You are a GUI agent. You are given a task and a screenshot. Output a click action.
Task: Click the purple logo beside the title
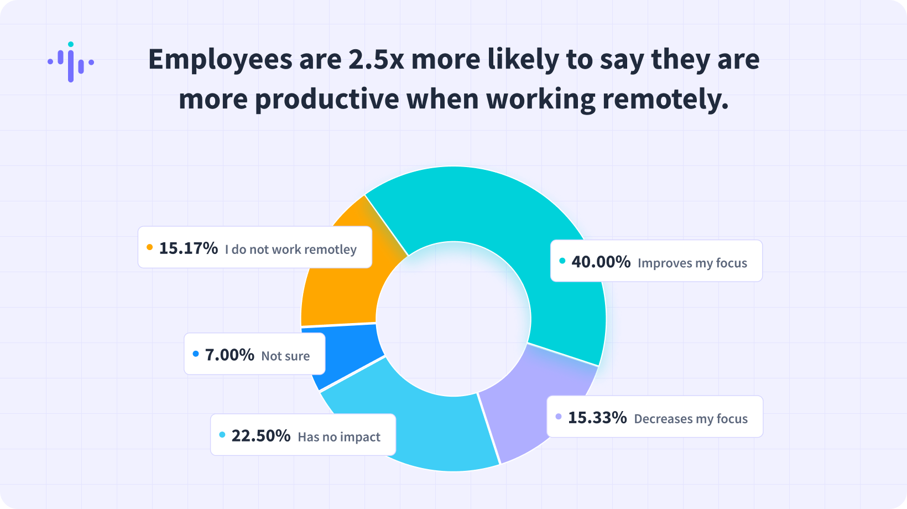pyautogui.click(x=71, y=62)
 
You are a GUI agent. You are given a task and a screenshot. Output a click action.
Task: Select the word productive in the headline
pyautogui.click(x=327, y=100)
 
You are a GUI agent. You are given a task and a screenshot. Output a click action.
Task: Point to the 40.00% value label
pyautogui.click(x=601, y=262)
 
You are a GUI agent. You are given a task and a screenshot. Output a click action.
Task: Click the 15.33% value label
pyautogui.click(x=597, y=418)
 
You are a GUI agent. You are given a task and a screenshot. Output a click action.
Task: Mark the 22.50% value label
pyautogui.click(x=260, y=436)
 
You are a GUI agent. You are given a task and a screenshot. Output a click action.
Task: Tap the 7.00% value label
pyautogui.click(x=230, y=355)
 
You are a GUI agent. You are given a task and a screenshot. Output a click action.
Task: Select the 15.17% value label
pyautogui.click(x=188, y=248)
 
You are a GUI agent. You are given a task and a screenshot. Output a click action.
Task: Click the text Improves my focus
pyautogui.click(x=692, y=263)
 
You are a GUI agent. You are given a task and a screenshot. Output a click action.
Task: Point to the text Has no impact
pyautogui.click(x=338, y=437)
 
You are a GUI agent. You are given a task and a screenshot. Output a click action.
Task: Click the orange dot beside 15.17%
pyautogui.click(x=149, y=247)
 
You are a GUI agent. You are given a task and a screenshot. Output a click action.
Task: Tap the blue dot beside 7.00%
pyautogui.click(x=195, y=354)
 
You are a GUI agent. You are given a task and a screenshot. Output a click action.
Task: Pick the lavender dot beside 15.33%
pyautogui.click(x=559, y=417)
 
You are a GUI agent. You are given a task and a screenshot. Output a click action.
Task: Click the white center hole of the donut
pyautogui.click(x=454, y=319)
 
